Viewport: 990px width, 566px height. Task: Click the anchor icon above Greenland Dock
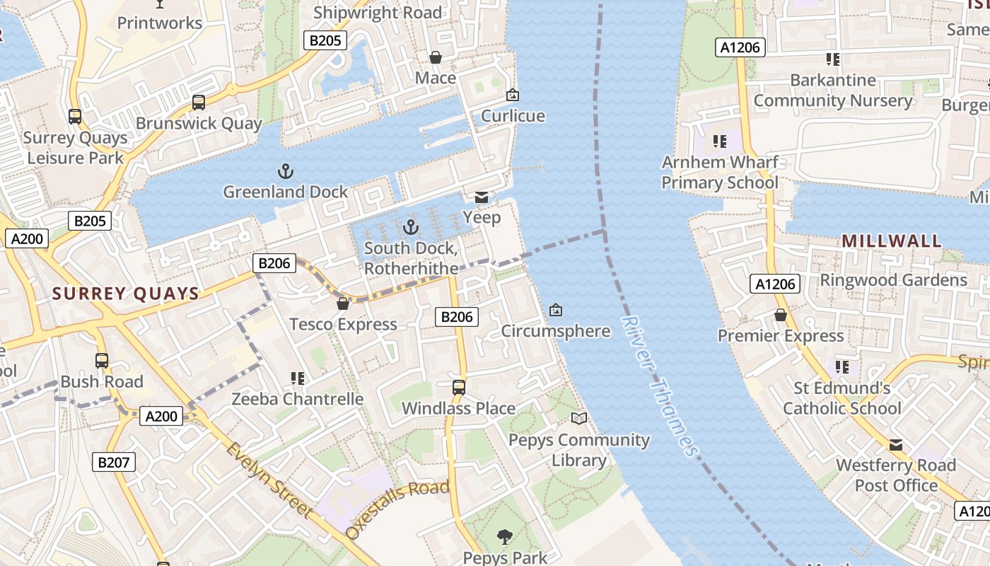click(x=286, y=171)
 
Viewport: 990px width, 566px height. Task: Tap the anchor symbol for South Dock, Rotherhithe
click(x=410, y=227)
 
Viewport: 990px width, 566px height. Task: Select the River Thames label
click(x=659, y=386)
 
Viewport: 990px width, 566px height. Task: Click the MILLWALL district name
click(x=891, y=241)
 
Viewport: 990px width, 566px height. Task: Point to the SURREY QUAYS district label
click(x=126, y=294)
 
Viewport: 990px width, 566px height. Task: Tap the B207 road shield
click(x=113, y=463)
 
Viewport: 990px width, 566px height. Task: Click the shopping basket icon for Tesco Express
click(x=343, y=304)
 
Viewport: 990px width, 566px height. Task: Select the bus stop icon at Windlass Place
click(x=459, y=387)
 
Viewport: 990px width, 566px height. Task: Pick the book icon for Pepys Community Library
click(x=579, y=418)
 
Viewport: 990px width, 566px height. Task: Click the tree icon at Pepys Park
click(x=505, y=537)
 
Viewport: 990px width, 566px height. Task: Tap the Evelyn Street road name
click(x=269, y=479)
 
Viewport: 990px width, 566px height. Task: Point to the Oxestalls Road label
click(x=397, y=509)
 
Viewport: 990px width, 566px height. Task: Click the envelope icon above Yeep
click(x=482, y=197)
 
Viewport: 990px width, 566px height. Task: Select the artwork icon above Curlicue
click(x=513, y=95)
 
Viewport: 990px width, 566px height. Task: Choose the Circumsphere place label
click(x=556, y=331)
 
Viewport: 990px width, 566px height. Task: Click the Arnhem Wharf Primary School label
click(x=720, y=173)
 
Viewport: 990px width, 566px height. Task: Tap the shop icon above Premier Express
click(x=781, y=315)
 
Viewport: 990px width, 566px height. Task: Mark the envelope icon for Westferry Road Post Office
click(x=896, y=445)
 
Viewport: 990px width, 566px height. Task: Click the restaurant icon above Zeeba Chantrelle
click(x=298, y=379)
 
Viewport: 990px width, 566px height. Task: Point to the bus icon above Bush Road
click(x=102, y=361)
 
